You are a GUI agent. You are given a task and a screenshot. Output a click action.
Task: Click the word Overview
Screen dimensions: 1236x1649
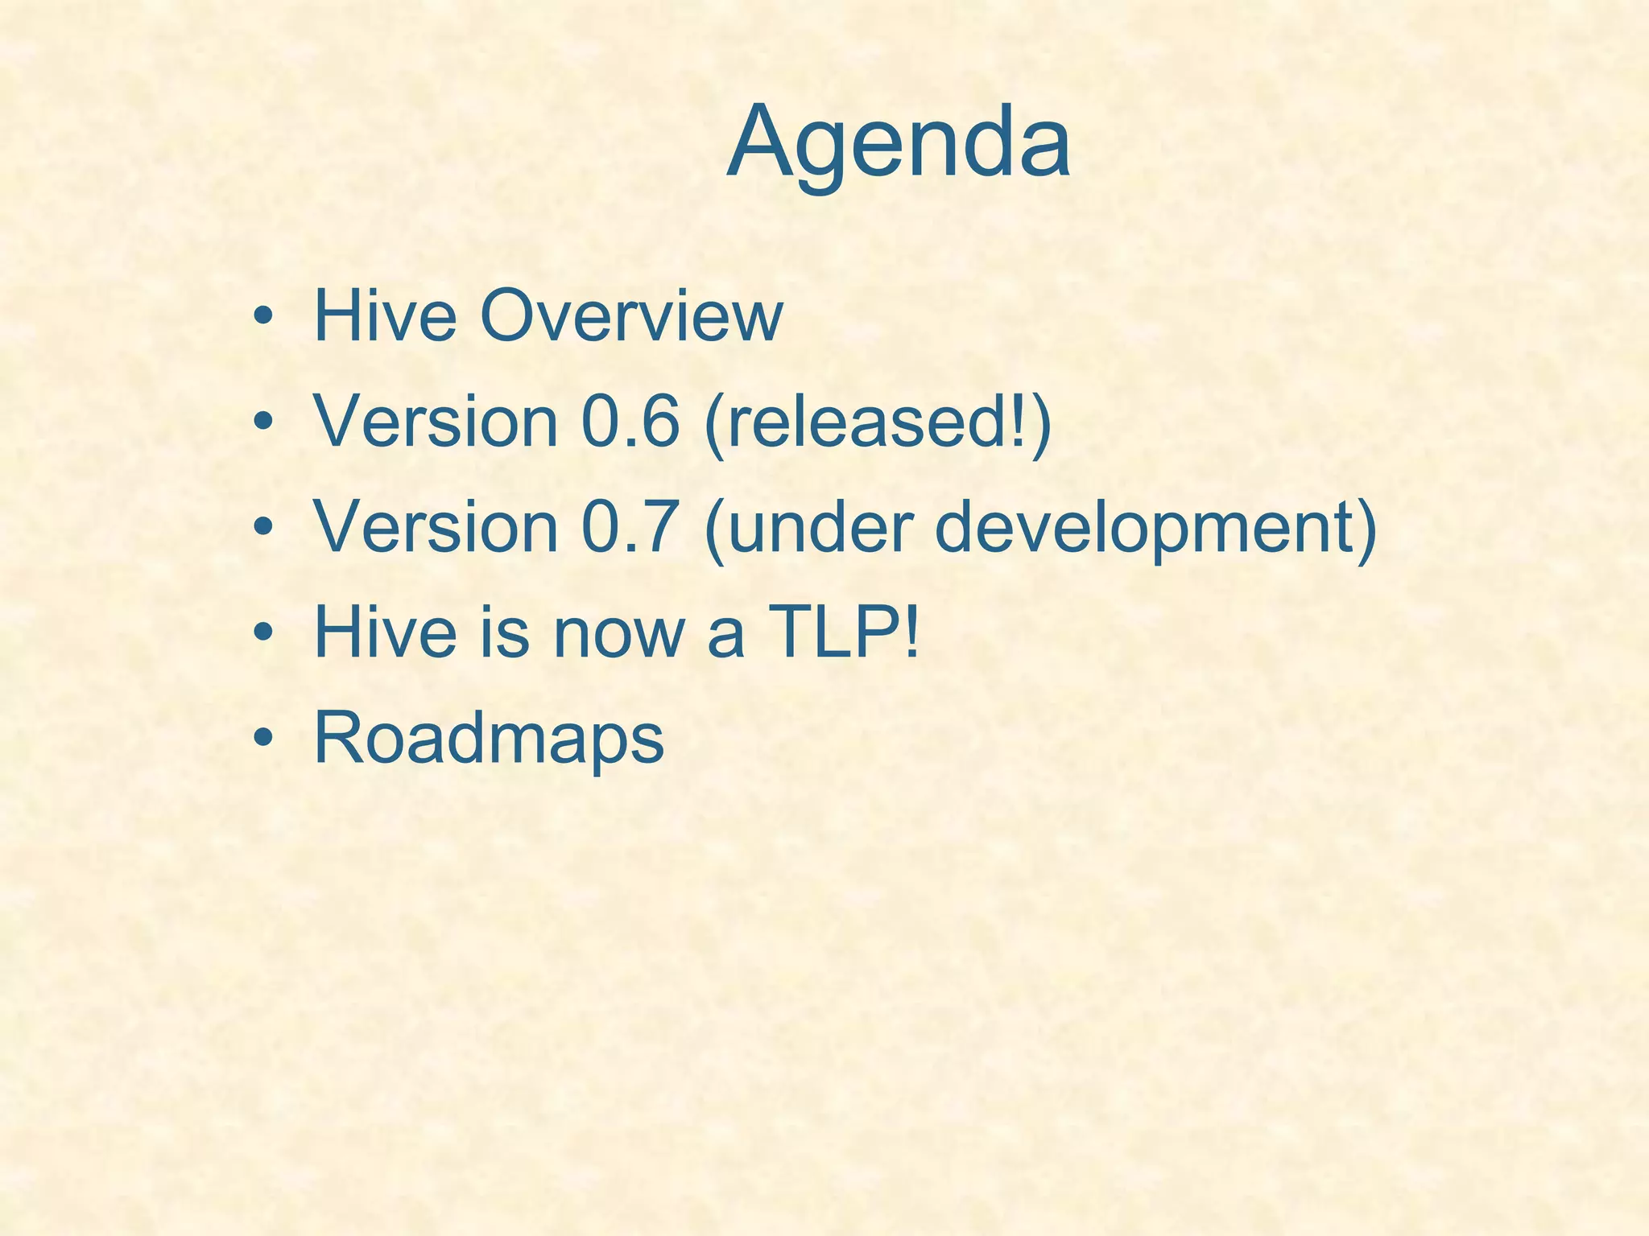point(630,315)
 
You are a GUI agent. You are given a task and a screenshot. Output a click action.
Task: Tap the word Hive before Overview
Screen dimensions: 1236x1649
point(385,315)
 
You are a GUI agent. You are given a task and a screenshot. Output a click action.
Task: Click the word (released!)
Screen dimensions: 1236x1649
point(878,423)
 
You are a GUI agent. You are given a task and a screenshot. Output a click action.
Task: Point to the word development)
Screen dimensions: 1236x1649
point(1156,529)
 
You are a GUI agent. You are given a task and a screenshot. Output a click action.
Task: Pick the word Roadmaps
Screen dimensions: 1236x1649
point(488,739)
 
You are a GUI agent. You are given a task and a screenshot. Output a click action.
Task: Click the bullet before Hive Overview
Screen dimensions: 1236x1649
point(262,316)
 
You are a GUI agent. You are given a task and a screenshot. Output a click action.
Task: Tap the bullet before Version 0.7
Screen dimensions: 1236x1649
point(262,528)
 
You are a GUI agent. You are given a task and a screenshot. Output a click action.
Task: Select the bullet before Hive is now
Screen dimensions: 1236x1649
point(262,633)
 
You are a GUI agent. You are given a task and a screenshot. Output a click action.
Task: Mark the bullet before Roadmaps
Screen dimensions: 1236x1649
point(262,739)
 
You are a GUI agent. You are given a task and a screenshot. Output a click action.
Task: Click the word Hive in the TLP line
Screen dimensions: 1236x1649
point(385,632)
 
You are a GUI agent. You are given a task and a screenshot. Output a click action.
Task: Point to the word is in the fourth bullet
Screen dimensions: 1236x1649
point(505,632)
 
